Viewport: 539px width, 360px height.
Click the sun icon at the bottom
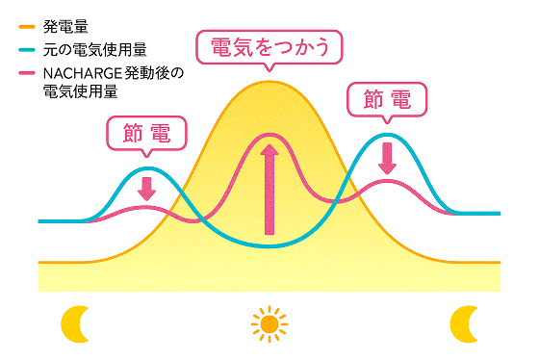[269, 322]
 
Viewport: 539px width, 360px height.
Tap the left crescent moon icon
[74, 323]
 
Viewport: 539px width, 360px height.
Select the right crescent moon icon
[466, 322]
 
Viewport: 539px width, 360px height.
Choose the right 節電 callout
[386, 99]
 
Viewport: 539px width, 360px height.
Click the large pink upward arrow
[269, 188]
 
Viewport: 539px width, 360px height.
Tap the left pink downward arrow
[146, 187]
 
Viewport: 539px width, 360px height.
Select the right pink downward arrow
[387, 158]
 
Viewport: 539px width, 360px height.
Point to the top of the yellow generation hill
[269, 83]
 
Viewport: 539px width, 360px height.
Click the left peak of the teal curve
[146, 167]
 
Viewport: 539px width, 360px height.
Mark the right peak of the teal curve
[387, 133]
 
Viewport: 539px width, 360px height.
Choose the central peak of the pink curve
[269, 136]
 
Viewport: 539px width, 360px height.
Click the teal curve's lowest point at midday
[269, 247]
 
